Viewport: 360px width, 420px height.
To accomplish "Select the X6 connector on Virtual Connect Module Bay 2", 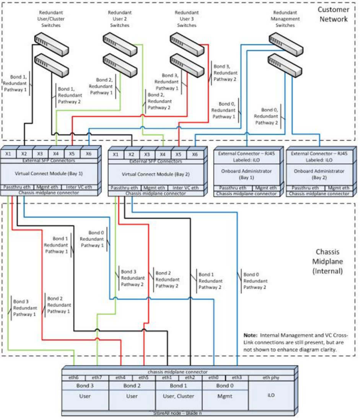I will click(195, 154).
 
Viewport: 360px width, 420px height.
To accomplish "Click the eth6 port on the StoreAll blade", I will click(73, 378).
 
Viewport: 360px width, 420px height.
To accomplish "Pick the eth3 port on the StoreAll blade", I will click(237, 378).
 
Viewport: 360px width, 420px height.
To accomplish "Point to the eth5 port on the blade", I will click(143, 378).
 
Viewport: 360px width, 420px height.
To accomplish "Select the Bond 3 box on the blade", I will click(85, 386).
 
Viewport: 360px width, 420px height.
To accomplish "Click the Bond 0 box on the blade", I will click(225, 386).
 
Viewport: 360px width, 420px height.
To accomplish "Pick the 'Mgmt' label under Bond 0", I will click(225, 396).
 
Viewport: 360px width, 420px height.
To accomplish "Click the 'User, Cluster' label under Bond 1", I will click(179, 396).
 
